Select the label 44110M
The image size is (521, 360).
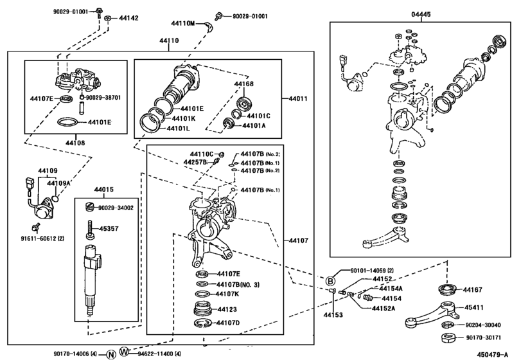pyautogui.click(x=182, y=23)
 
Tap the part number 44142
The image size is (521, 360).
pyautogui.click(x=129, y=18)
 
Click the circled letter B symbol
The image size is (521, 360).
pyautogui.click(x=330, y=281)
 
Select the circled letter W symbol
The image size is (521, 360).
pyautogui.click(x=125, y=353)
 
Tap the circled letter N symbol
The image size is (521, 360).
pyautogui.click(x=110, y=354)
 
